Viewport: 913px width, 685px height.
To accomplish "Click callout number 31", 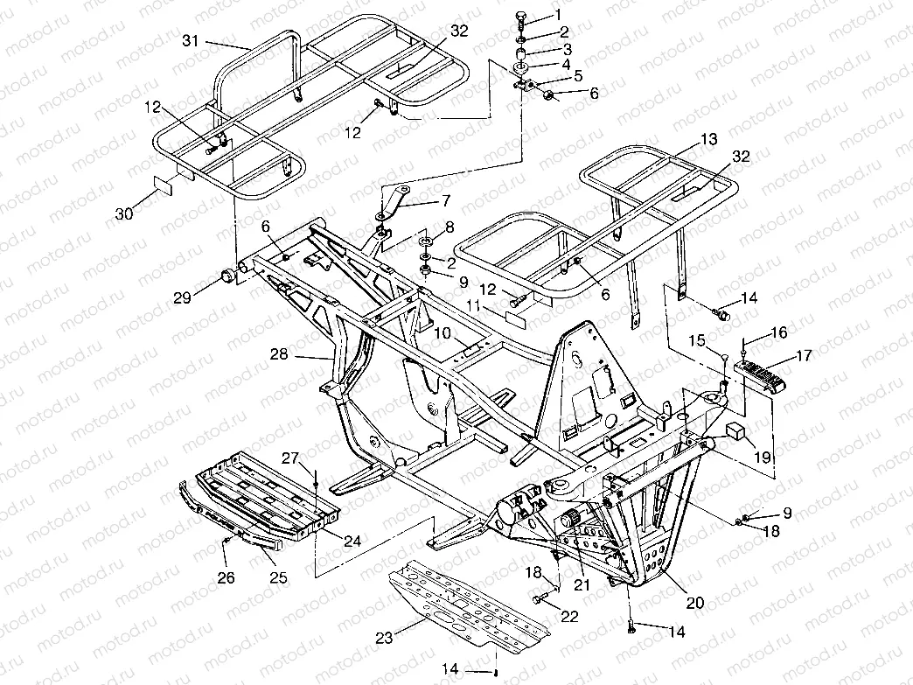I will coord(192,41).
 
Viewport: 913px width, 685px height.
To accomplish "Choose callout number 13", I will coord(707,139).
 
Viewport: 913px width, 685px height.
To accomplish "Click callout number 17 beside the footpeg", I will coord(802,356).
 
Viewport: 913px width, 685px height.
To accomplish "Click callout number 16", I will coord(778,332).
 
